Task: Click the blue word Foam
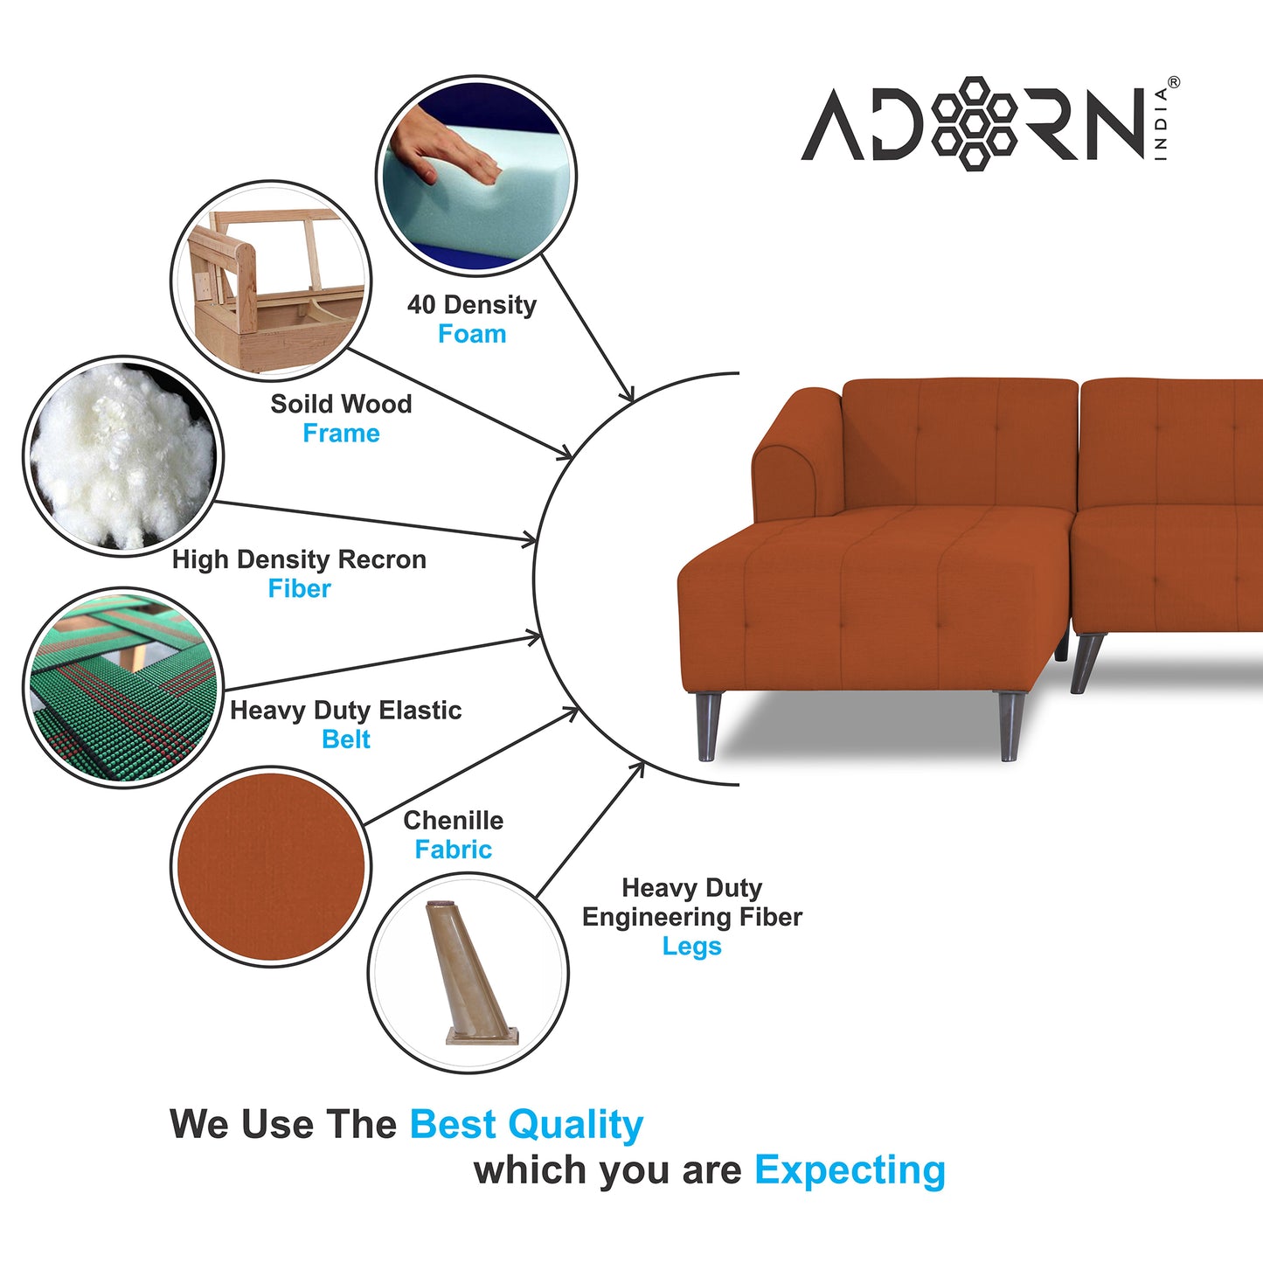pyautogui.click(x=472, y=334)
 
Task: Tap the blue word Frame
pyautogui.click(x=342, y=434)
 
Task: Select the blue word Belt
pyautogui.click(x=346, y=739)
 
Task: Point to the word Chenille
pyautogui.click(x=454, y=820)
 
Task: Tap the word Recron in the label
pyautogui.click(x=382, y=559)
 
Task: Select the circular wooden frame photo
pyautogui.click(x=271, y=281)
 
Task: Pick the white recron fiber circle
pyautogui.click(x=123, y=457)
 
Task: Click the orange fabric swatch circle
pyautogui.click(x=271, y=866)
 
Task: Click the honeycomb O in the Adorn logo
pyautogui.click(x=975, y=124)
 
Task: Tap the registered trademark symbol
pyautogui.click(x=1173, y=82)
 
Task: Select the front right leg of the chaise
pyautogui.click(x=1010, y=725)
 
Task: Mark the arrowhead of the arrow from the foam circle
pyautogui.click(x=628, y=393)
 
